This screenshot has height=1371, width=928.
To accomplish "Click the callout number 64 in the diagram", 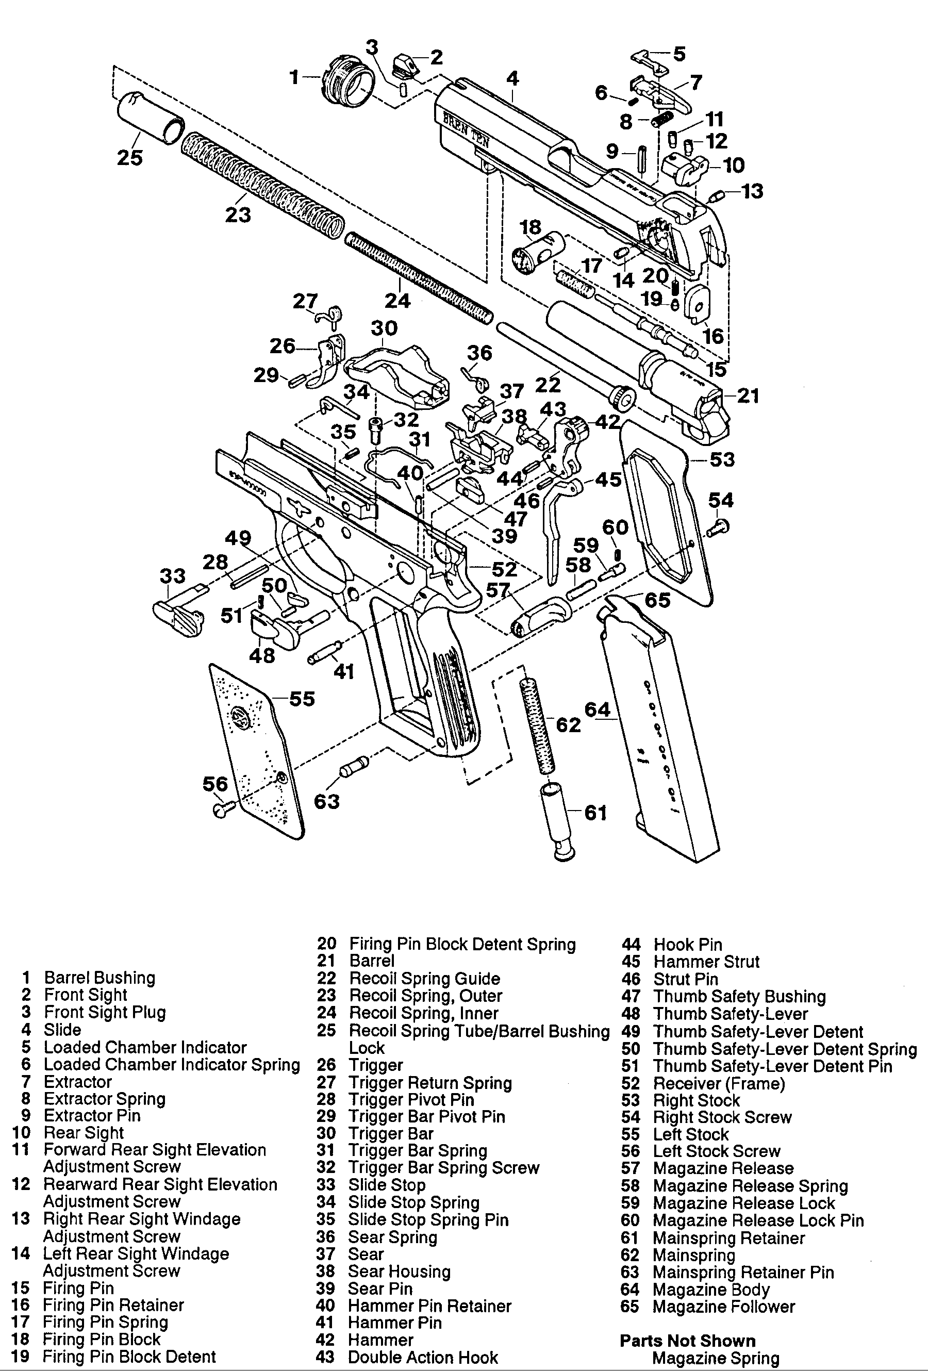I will (x=597, y=708).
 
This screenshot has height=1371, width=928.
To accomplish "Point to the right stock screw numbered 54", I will (x=719, y=526).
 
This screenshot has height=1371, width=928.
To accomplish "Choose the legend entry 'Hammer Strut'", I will (x=706, y=962).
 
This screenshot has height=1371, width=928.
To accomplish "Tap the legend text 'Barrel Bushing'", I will (x=100, y=978).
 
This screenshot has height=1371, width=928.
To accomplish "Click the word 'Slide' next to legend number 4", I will (x=62, y=1030).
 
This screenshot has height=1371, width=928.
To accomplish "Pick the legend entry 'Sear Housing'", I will (x=400, y=1271).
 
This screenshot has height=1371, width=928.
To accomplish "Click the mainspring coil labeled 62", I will (x=537, y=725).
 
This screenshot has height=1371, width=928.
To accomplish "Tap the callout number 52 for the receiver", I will (x=504, y=569).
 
